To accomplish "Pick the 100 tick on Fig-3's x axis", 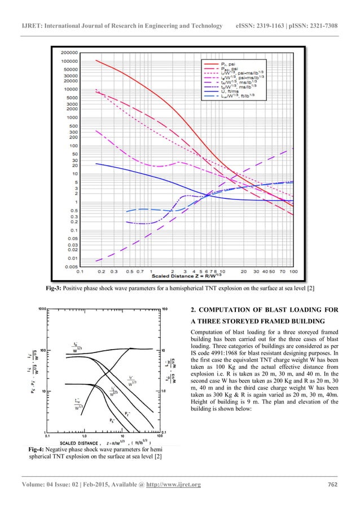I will pyautogui.click(x=293, y=271).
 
